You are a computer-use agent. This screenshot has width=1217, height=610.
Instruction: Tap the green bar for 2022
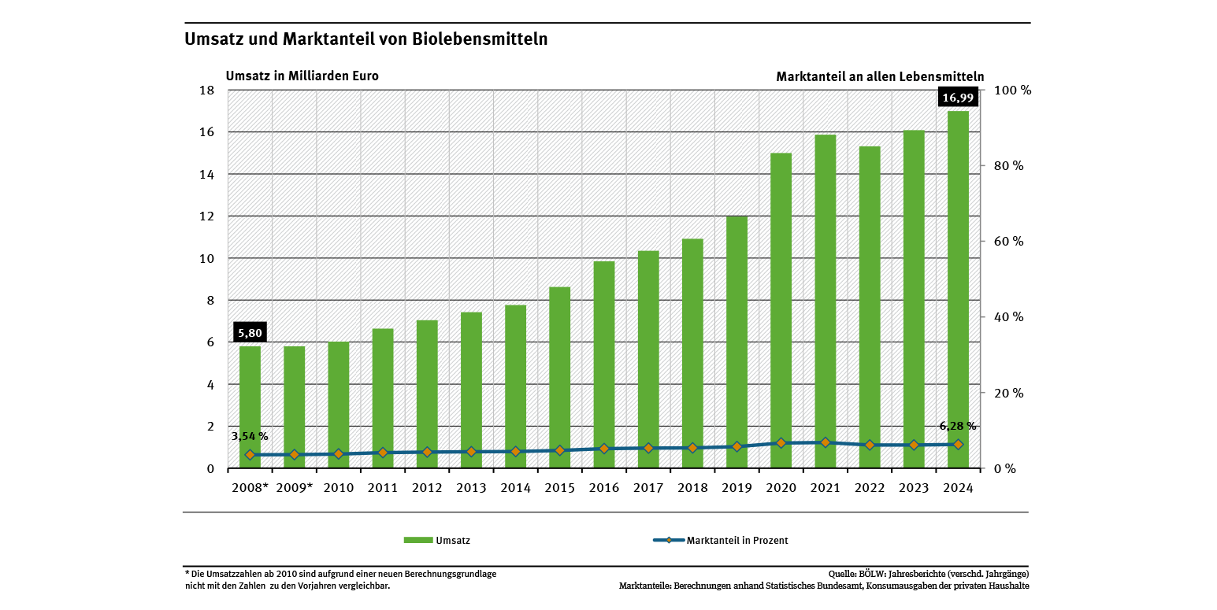coord(870,307)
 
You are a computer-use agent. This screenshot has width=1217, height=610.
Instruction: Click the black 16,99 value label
coord(958,98)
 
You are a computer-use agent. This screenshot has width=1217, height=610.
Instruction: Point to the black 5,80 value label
coord(250,333)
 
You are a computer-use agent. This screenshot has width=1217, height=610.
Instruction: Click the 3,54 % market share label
coord(250,436)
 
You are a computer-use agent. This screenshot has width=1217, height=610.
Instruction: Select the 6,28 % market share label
coord(957,426)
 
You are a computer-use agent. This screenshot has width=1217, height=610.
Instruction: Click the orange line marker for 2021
coord(826,442)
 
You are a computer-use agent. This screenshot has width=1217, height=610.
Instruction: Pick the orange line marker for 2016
coord(604,449)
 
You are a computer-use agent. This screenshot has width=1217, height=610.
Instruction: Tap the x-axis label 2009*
coord(294,488)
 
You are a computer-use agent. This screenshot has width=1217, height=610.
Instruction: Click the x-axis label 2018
coord(692,488)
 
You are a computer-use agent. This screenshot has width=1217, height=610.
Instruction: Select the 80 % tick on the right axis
coord(1007,166)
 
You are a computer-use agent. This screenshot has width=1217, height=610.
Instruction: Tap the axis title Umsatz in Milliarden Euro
coord(302,76)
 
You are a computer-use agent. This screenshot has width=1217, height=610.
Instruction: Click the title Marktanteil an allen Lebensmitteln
coord(880,76)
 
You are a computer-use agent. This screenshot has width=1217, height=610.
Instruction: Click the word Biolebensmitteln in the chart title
coord(480,39)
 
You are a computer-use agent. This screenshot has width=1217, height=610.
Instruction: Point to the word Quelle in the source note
coord(842,574)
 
